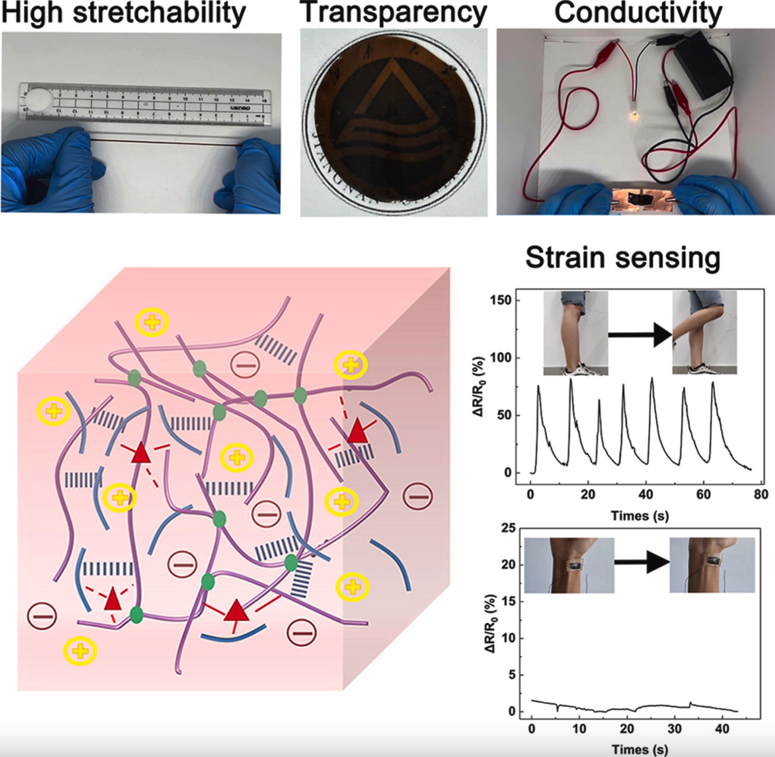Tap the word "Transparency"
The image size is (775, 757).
click(393, 12)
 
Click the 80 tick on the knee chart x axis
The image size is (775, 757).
click(761, 495)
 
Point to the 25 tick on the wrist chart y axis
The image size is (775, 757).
click(508, 528)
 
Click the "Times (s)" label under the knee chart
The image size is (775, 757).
click(639, 516)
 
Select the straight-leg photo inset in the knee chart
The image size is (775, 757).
click(576, 333)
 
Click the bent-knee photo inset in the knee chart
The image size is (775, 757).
click(704, 333)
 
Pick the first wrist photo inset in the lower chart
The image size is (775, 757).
click(569, 565)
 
